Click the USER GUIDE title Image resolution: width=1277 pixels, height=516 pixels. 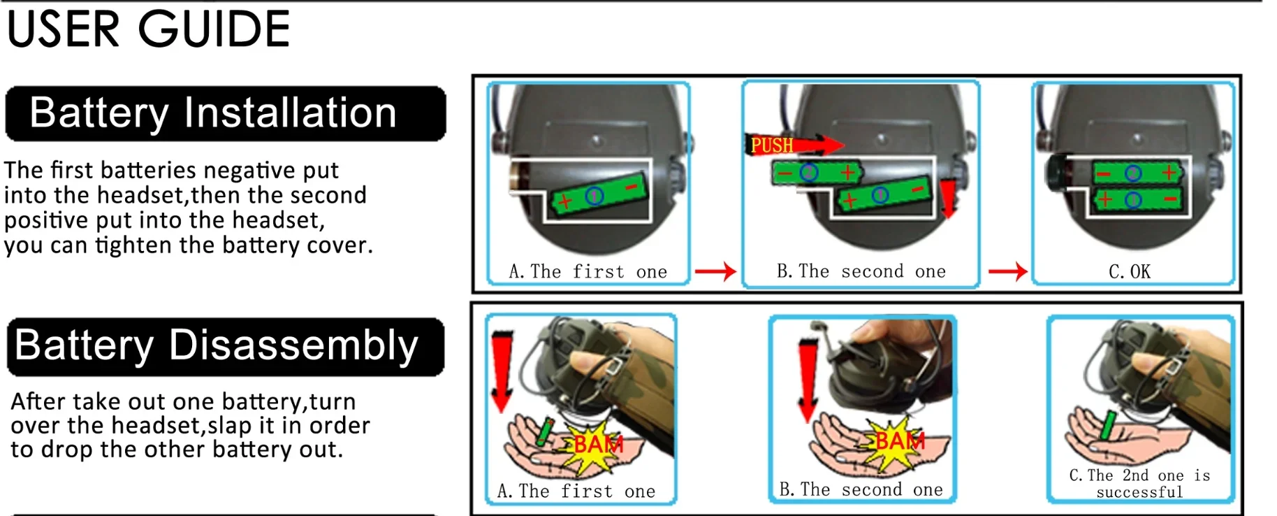point(148,29)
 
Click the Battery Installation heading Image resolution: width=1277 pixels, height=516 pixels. point(213,113)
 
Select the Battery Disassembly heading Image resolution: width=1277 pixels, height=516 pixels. point(217,345)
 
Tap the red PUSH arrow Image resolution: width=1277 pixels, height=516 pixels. point(794,145)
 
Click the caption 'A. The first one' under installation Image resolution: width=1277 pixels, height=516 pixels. point(588,271)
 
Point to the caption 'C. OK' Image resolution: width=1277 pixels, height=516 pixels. point(1130,271)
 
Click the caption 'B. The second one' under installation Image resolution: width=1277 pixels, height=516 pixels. point(861,271)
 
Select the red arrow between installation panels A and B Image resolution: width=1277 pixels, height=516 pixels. point(715,271)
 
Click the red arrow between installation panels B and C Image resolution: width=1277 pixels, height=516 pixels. point(1007,271)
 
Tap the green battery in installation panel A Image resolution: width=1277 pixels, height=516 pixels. point(597,194)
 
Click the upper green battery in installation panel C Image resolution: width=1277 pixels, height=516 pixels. point(1137,173)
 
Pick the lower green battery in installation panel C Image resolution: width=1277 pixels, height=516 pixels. point(1137,201)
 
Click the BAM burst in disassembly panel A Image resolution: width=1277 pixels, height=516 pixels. point(594,445)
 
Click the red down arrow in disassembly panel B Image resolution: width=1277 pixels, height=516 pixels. point(808,380)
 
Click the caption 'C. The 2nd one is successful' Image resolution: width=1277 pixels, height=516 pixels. point(1140,483)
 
